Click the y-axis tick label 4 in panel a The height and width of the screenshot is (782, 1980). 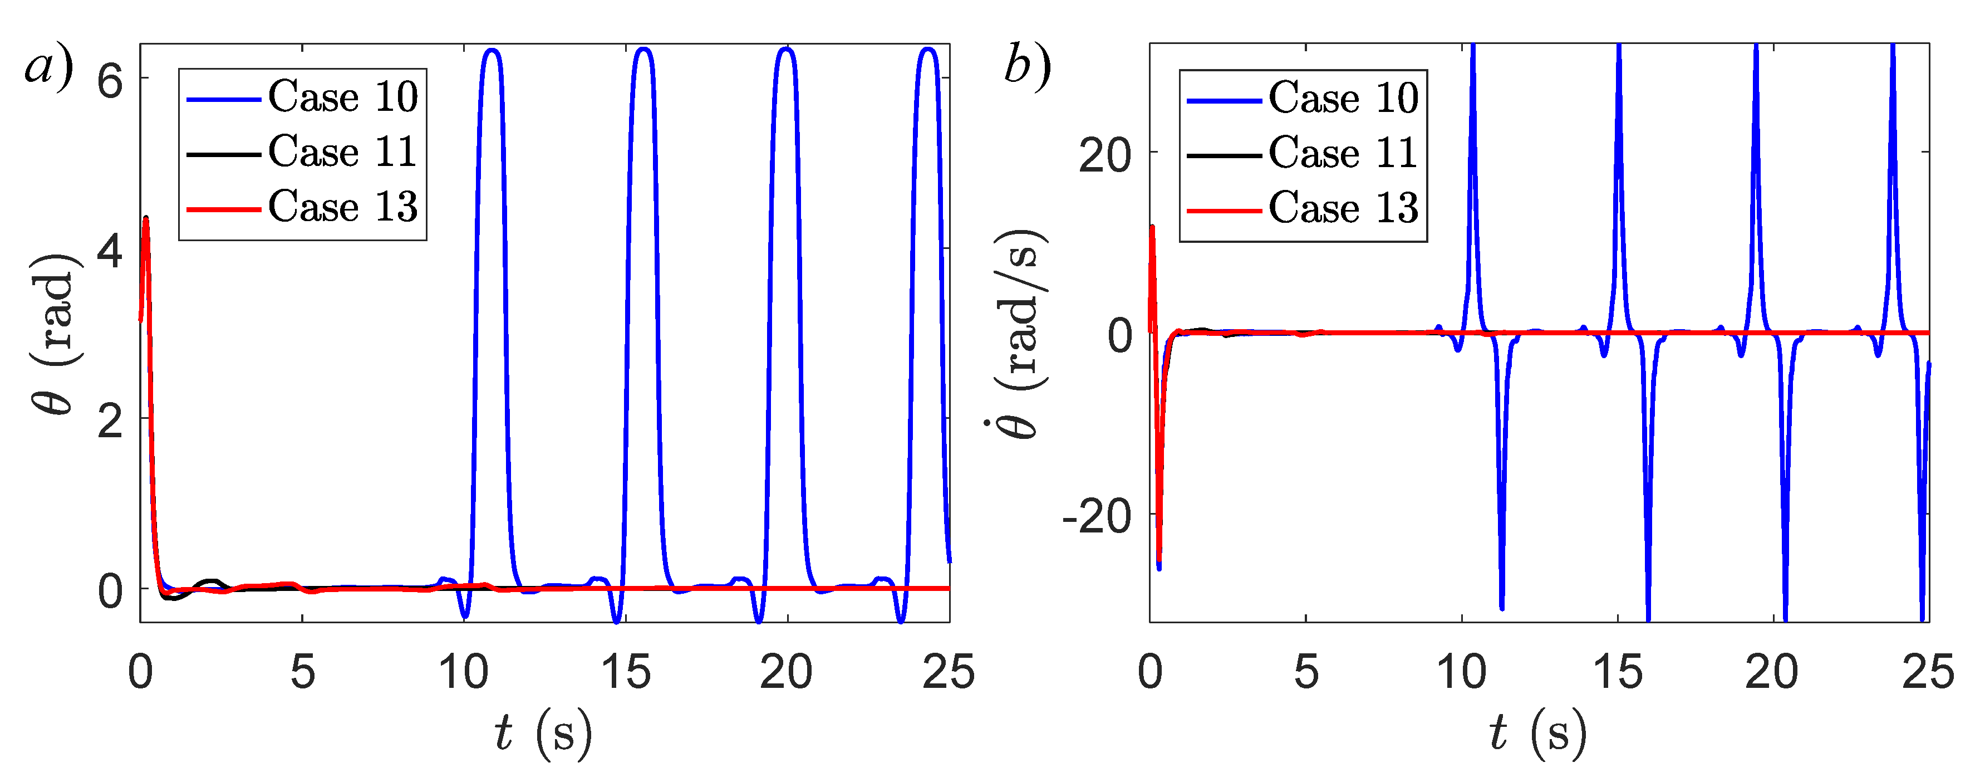[110, 251]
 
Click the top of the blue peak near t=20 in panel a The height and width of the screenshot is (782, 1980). [785, 50]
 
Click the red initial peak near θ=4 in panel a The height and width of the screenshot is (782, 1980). [145, 219]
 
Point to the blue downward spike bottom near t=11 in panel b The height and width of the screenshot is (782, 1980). [1501, 608]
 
